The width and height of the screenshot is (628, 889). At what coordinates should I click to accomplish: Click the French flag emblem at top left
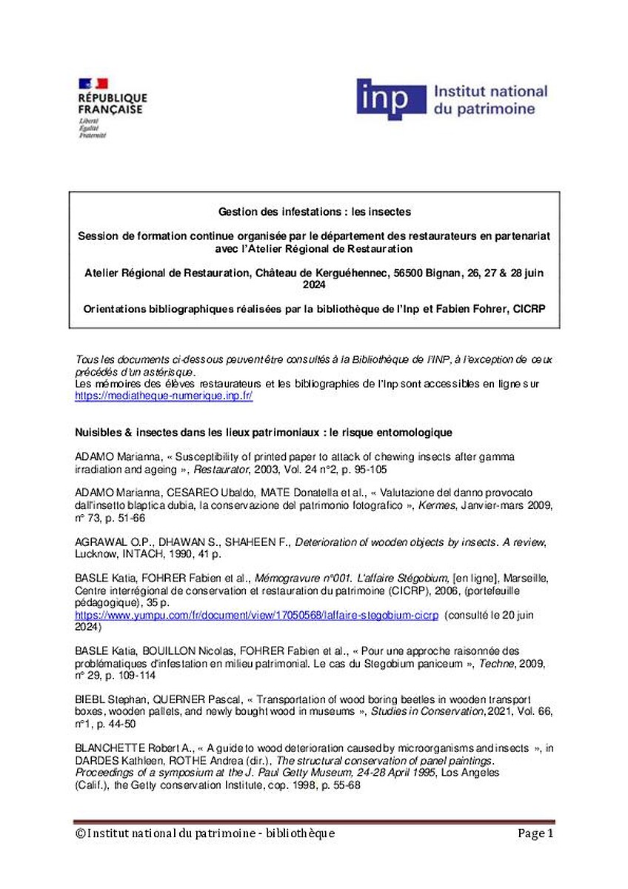pyautogui.click(x=93, y=83)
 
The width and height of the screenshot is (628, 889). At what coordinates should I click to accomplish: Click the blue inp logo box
pyautogui.click(x=391, y=99)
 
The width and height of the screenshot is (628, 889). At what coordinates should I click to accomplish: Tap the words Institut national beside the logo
pyautogui.click(x=490, y=92)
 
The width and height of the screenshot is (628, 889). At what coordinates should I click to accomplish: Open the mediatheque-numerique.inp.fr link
pyautogui.click(x=164, y=396)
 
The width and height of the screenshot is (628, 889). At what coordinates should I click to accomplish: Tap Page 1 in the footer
pyautogui.click(x=535, y=833)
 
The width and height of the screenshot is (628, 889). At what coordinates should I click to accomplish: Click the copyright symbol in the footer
pyautogui.click(x=81, y=833)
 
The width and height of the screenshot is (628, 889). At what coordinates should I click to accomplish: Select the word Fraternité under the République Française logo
pyautogui.click(x=93, y=136)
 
